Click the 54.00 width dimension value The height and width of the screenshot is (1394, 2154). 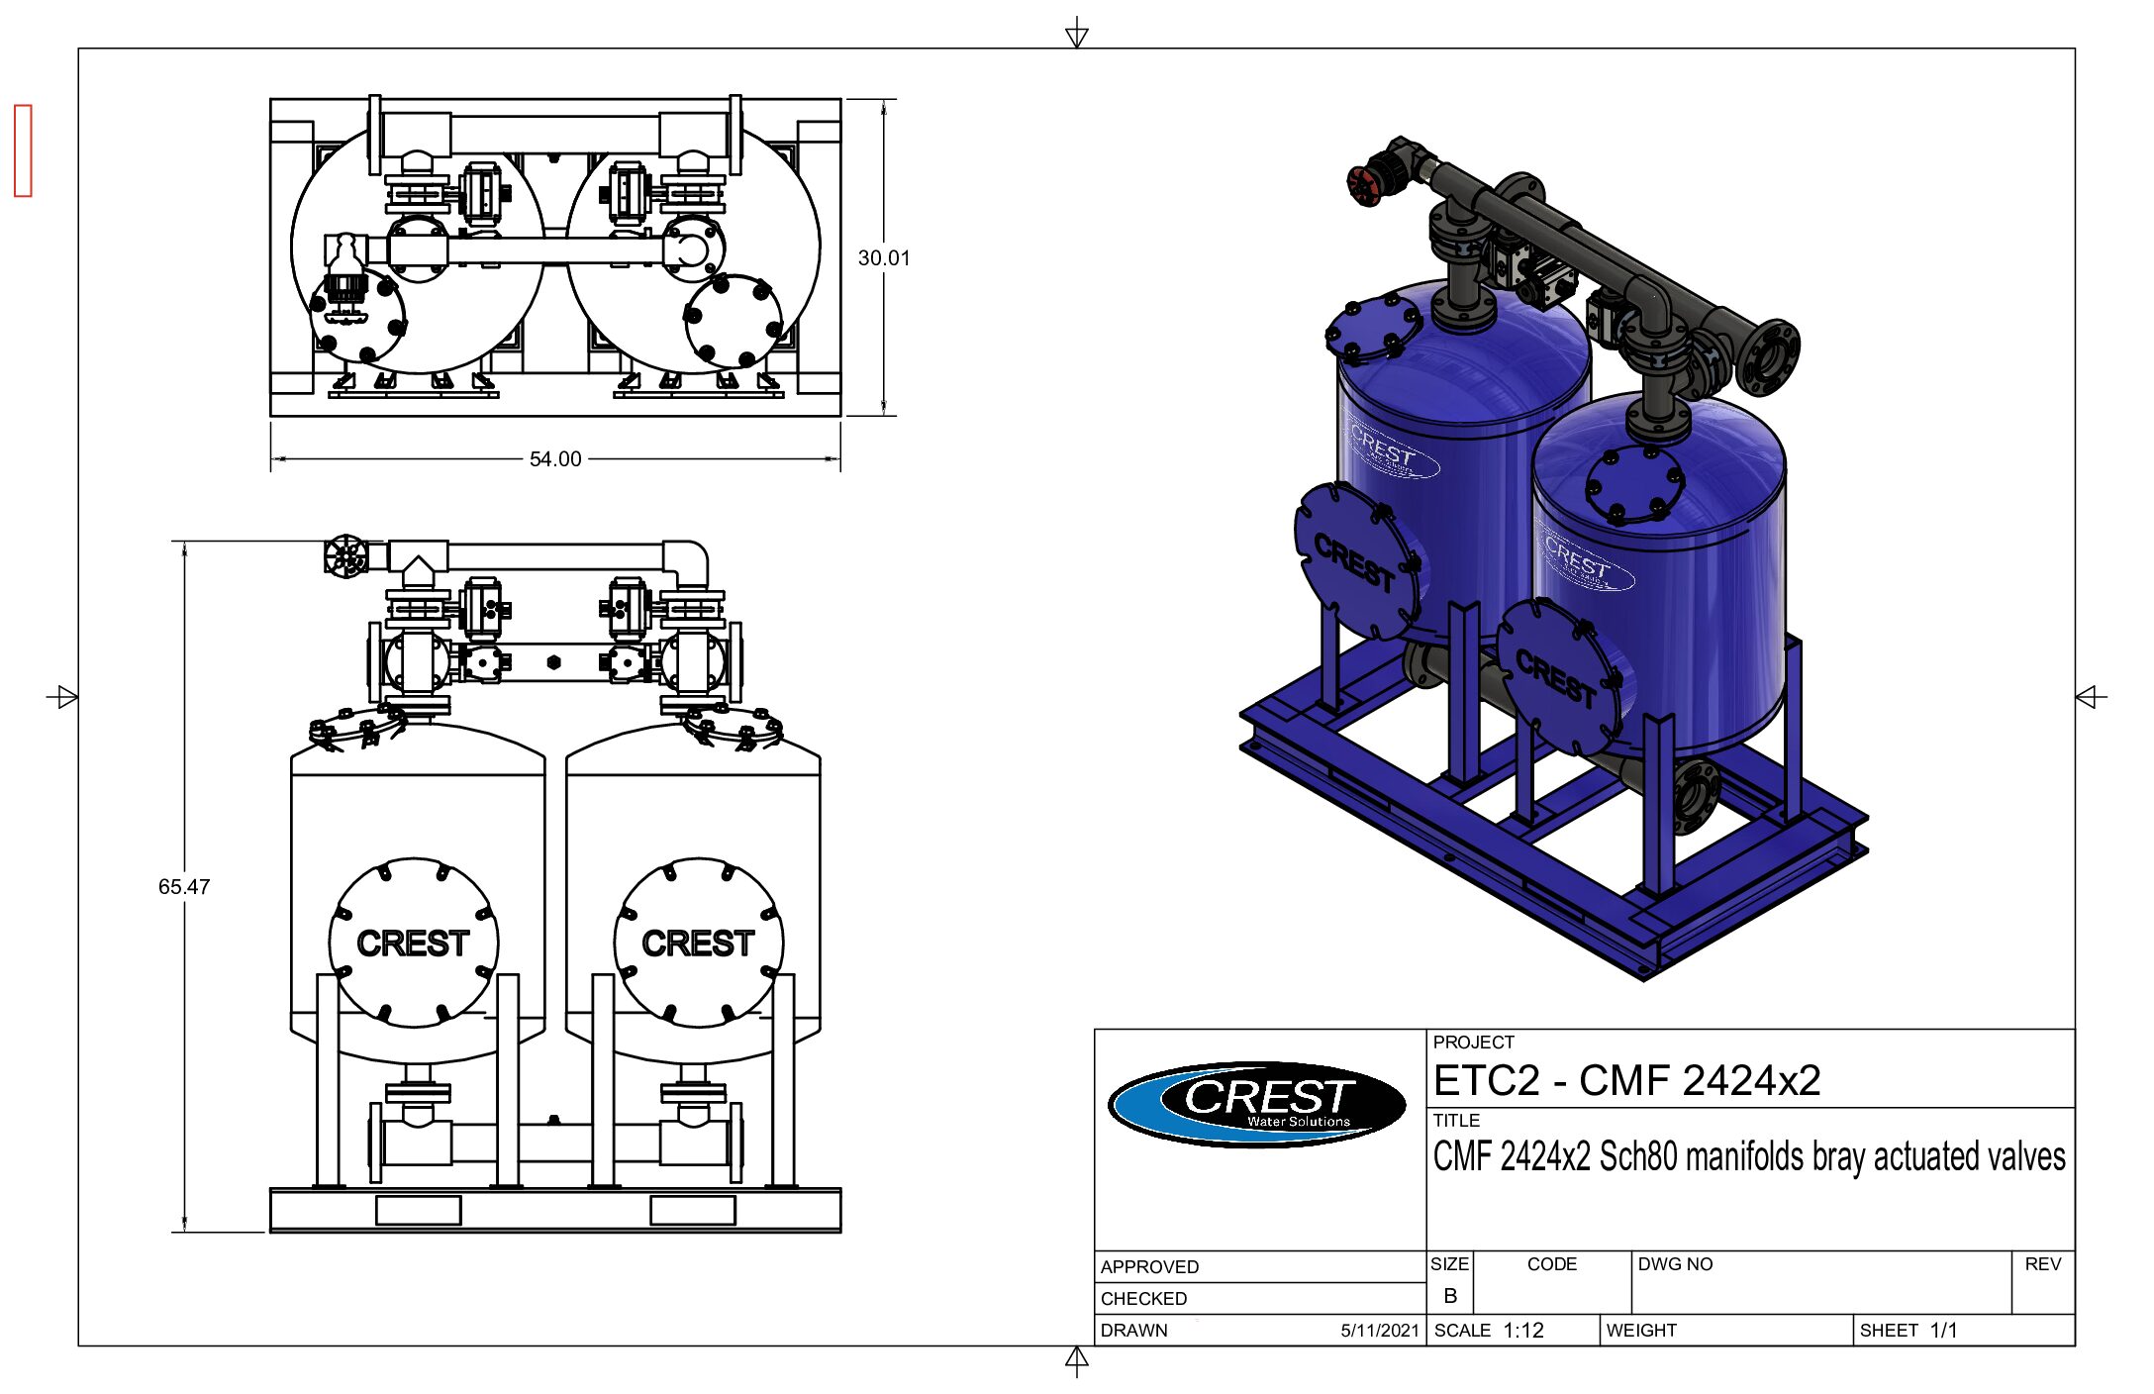(x=555, y=459)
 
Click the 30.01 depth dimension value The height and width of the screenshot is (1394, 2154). (x=884, y=258)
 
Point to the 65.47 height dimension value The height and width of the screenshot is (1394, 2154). (x=184, y=887)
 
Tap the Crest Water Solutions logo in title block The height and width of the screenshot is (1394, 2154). (x=1257, y=1104)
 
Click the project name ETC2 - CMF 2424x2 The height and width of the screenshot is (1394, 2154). (x=1627, y=1080)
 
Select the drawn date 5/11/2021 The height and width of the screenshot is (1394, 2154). (x=1380, y=1331)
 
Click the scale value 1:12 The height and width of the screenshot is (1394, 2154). (x=1523, y=1331)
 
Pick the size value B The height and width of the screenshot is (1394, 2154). (x=1450, y=1295)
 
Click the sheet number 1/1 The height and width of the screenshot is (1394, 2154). (x=1943, y=1331)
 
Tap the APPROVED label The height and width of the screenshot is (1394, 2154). (x=1149, y=1267)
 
